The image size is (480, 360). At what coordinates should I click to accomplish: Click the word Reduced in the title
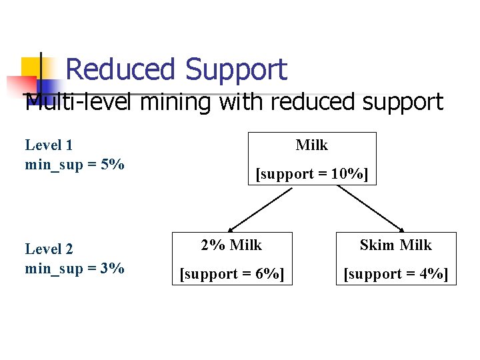[x=120, y=70]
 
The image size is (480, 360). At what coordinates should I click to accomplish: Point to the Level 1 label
[x=49, y=145]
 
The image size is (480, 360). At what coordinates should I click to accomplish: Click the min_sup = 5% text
[x=74, y=165]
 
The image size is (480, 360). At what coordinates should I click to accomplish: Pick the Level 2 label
[x=49, y=249]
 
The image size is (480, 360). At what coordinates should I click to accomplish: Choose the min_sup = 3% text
[x=74, y=269]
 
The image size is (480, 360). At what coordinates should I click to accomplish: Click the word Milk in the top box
[x=312, y=145]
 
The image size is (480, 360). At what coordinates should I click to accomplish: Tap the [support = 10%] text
[x=312, y=174]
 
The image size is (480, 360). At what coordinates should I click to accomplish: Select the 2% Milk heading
[x=231, y=245]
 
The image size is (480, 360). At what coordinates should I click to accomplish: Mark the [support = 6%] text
[x=231, y=274]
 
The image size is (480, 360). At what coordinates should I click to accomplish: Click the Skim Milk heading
[x=396, y=245]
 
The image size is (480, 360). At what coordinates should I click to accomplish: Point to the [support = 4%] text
[x=396, y=274]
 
